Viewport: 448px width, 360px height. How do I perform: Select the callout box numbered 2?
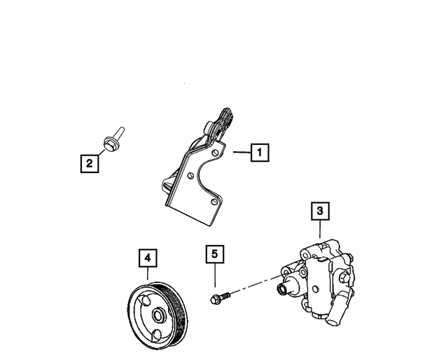89,164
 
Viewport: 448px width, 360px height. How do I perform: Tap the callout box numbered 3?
319,210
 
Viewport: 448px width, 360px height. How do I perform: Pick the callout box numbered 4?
148,258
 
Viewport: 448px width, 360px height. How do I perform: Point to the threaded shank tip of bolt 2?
120,130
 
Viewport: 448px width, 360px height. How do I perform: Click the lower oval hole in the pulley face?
159,333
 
